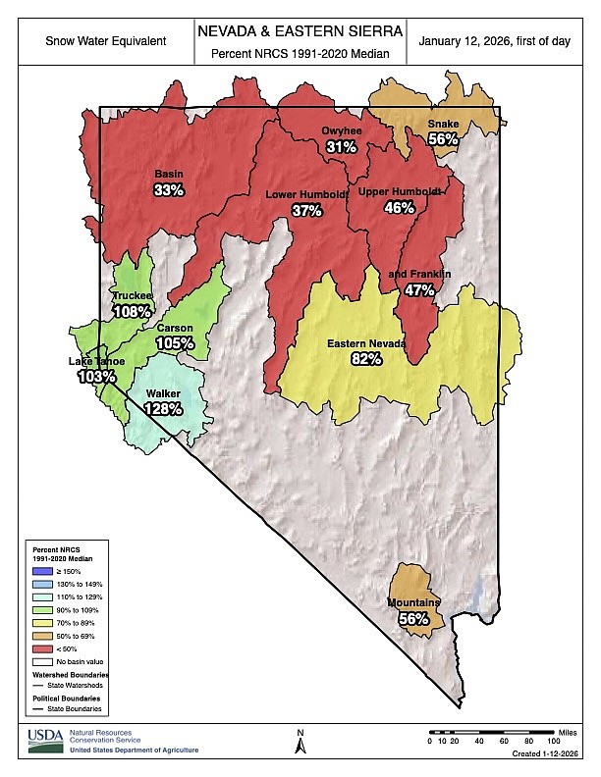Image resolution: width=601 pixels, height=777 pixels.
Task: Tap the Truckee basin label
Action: (132, 296)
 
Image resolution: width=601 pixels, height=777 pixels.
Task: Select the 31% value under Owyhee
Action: (341, 146)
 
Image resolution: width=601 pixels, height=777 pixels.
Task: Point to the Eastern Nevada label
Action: (367, 344)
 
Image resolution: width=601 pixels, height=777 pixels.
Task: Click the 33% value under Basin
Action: (169, 190)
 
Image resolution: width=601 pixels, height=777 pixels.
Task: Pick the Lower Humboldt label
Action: (307, 195)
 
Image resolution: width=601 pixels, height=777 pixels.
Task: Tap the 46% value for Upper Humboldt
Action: (398, 207)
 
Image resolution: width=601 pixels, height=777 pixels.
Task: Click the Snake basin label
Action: (442, 124)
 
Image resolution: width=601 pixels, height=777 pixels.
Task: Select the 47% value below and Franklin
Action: (419, 290)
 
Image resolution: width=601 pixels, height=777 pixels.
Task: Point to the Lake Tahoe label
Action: (95, 362)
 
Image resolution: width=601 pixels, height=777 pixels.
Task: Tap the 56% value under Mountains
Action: (413, 618)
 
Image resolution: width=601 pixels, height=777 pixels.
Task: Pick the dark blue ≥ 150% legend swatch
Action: (40, 570)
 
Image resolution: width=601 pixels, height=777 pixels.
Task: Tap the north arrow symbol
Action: (300, 744)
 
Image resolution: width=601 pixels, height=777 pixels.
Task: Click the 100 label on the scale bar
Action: (553, 741)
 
